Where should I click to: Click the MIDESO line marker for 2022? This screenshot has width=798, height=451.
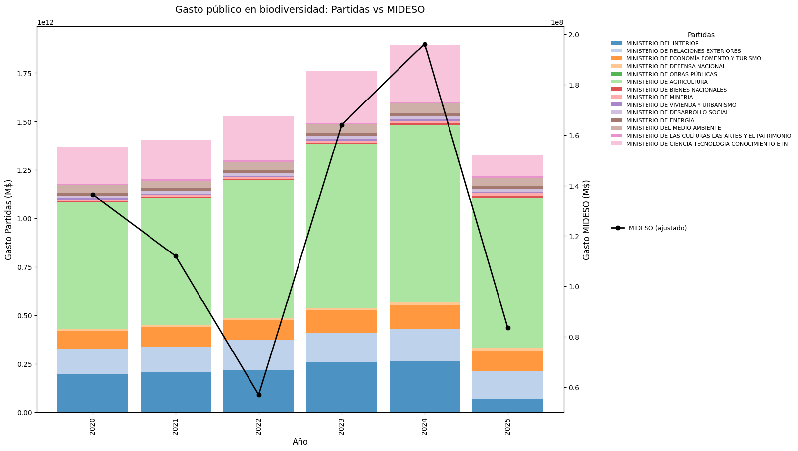[259, 395]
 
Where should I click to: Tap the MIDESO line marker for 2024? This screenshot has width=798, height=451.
[425, 44]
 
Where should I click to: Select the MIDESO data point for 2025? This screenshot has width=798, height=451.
[508, 328]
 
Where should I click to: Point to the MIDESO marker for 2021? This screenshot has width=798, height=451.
[176, 256]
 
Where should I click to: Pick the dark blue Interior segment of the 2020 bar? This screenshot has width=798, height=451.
[93, 393]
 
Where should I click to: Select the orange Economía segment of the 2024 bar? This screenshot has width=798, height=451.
[425, 317]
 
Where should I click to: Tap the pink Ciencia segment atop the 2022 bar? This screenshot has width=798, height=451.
[259, 139]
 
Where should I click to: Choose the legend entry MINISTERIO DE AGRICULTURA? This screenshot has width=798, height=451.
[667, 82]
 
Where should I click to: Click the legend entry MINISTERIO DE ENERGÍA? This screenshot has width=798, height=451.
[660, 120]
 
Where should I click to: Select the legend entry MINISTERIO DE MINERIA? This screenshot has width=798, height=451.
[659, 97]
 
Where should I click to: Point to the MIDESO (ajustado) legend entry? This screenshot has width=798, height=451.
[657, 228]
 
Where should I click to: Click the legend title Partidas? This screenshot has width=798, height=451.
[701, 35]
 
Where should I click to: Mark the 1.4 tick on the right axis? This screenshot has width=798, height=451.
[574, 186]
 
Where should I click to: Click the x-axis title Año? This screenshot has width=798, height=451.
[300, 442]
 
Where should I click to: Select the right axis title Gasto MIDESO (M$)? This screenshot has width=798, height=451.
[587, 219]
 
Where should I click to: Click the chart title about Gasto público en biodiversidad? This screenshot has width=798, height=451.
[300, 10]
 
